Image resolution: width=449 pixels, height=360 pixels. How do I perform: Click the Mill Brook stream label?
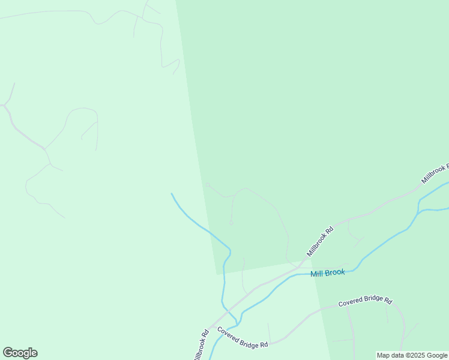coord(328,273)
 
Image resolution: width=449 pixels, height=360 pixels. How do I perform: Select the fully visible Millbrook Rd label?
coord(319,241)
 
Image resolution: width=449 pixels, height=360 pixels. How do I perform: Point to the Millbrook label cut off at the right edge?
coord(435,173)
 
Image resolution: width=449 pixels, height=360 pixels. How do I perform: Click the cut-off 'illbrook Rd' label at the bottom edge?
coord(200,346)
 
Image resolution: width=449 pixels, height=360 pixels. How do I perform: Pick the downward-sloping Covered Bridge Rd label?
coord(242,338)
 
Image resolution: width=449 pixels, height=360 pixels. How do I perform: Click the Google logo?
coord(20,353)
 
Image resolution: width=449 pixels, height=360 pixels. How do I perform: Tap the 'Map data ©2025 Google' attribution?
coord(412,356)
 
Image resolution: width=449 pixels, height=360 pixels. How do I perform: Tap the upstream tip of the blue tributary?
coord(172,194)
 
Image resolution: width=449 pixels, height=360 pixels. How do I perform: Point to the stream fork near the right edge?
coord(418,211)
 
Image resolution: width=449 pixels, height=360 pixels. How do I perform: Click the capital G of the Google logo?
coord(8,353)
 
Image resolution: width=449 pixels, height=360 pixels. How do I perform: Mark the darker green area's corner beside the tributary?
coord(217,274)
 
